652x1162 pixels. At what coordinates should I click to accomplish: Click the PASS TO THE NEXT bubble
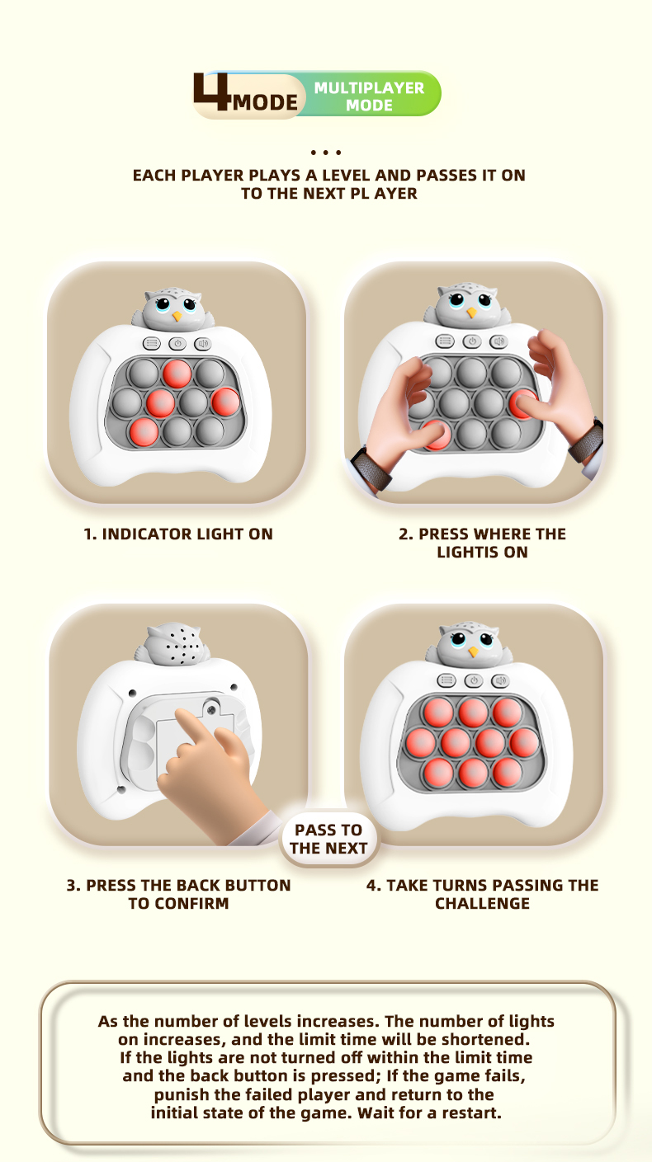[328, 839]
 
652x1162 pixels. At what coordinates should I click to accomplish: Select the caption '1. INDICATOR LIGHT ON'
[178, 534]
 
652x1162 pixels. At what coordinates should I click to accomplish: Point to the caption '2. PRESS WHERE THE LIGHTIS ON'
[482, 543]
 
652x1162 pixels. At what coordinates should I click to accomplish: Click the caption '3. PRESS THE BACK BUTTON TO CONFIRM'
[178, 894]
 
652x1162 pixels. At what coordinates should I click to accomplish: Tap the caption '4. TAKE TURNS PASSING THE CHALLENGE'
[482, 894]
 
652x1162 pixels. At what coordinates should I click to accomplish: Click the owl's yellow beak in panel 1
[177, 315]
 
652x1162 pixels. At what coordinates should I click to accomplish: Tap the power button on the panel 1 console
[177, 343]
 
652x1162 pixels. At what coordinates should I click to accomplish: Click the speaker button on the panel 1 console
[202, 343]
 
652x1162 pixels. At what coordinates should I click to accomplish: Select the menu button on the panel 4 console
[446, 680]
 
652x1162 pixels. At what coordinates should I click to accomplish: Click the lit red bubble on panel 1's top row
[177, 374]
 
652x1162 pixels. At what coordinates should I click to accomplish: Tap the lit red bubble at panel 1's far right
[226, 402]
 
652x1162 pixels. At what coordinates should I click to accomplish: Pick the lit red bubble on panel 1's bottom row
[144, 431]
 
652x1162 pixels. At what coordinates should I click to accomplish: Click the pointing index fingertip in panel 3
[181, 715]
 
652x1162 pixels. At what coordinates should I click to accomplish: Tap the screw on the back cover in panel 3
[210, 709]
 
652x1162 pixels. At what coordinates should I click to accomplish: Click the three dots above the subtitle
[326, 153]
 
